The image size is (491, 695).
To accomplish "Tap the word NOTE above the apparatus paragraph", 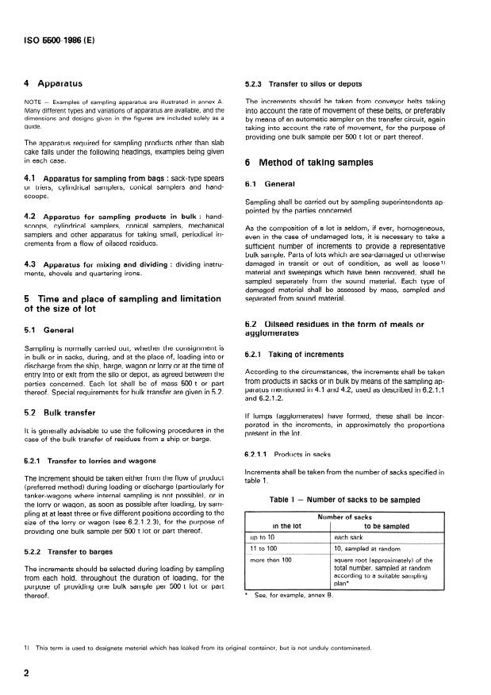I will pyautogui.click(x=34, y=102).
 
